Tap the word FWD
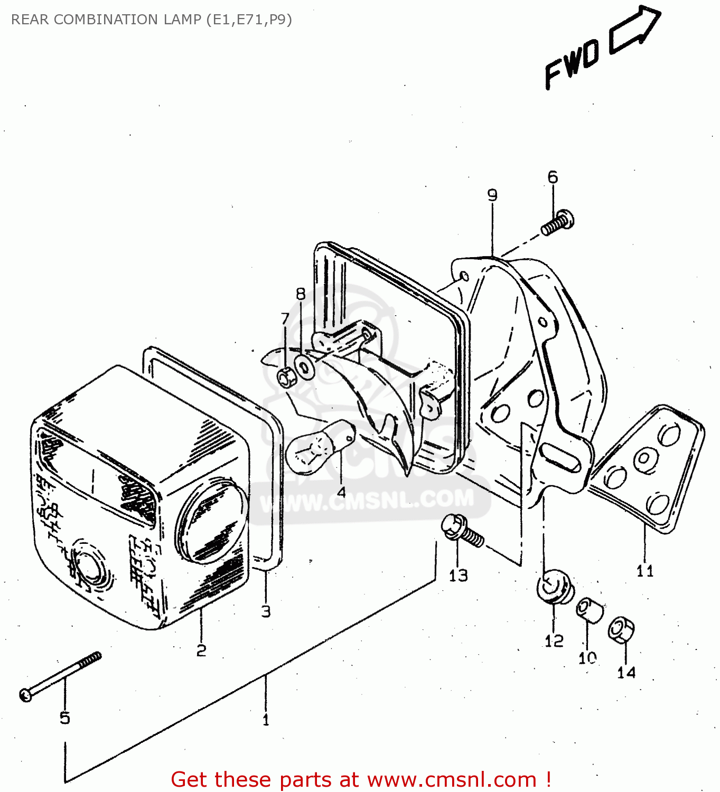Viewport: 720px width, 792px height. click(572, 63)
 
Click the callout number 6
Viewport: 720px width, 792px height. click(553, 177)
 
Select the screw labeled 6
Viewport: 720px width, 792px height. click(558, 222)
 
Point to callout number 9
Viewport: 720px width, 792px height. click(492, 195)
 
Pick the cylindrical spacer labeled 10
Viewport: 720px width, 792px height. click(589, 610)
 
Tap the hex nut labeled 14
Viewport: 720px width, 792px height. click(621, 629)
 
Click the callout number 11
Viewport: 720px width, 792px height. click(645, 571)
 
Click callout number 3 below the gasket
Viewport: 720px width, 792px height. click(266, 611)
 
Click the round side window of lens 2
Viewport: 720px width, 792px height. click(211, 520)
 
